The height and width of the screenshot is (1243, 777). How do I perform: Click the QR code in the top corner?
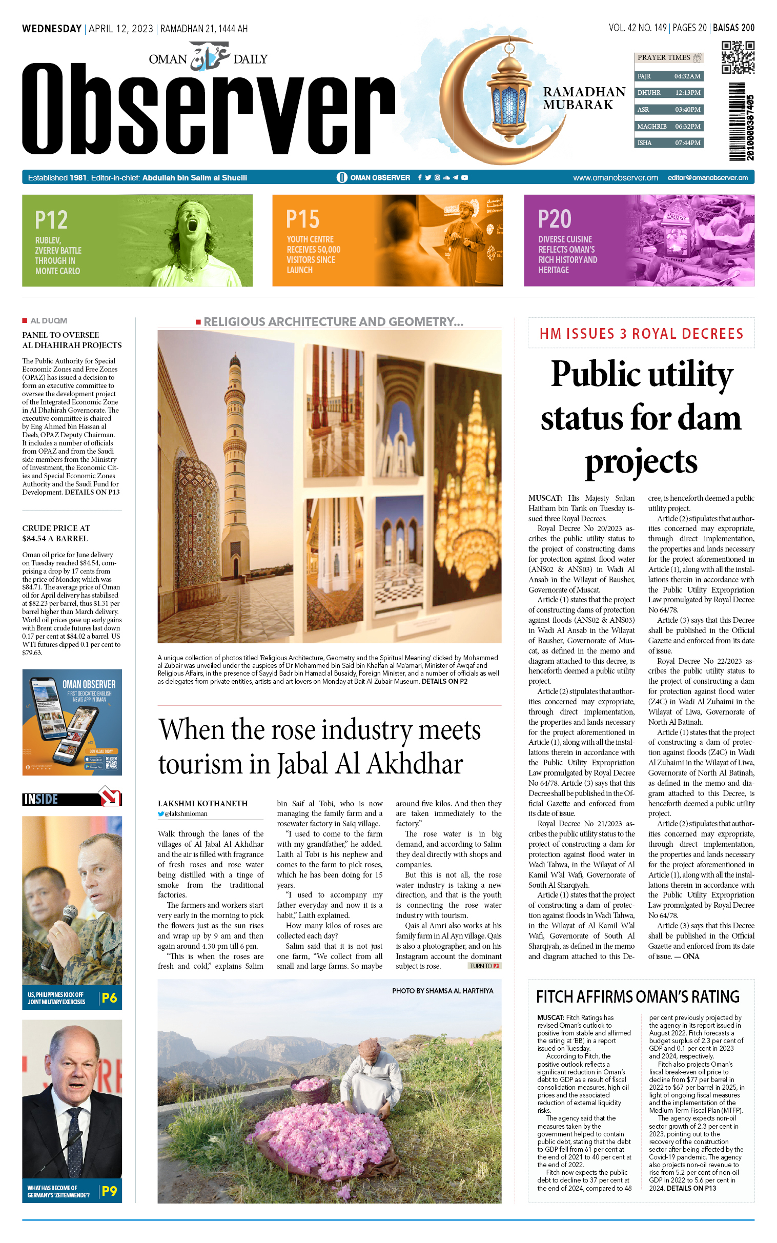738,57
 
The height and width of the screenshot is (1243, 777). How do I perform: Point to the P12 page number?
51,220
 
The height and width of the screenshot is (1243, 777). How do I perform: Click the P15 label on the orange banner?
303,219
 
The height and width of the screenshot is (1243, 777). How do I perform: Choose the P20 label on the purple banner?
555,219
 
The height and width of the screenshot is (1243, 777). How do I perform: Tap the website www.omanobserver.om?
615,178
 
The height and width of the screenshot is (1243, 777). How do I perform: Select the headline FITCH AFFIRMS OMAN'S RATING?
637,997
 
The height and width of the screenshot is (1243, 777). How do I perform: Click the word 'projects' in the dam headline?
641,461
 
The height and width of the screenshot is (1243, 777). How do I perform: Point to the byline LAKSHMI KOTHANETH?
202,804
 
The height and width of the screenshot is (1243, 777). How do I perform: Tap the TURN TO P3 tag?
484,966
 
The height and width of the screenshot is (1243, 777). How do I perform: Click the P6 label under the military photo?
110,998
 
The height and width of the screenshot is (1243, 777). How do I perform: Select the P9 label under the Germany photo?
110,1191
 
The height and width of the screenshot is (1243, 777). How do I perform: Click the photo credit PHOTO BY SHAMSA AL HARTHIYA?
442,991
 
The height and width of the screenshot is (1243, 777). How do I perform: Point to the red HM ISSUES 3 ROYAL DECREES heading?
641,334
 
